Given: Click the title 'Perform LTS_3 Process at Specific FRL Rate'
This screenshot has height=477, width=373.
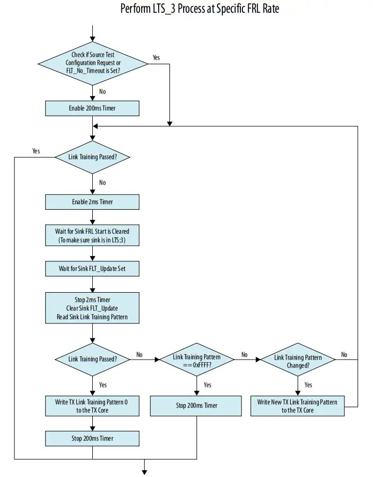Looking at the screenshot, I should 199,9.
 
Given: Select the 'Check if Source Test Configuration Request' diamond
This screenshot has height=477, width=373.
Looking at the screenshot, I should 93,63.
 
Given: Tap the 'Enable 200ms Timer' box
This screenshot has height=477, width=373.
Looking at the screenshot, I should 92,108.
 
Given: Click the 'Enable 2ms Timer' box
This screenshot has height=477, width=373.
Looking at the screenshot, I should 92,202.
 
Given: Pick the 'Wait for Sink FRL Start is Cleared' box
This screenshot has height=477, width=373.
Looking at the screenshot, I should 92,236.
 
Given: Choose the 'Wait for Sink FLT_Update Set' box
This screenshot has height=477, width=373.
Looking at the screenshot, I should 92,269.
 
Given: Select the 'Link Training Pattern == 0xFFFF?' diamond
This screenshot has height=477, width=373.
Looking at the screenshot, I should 197,359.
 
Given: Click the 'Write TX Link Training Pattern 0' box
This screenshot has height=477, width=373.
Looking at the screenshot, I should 92,406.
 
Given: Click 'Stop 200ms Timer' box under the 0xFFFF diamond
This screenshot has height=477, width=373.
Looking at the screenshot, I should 197,405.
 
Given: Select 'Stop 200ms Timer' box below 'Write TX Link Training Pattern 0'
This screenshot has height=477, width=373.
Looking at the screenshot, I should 92,438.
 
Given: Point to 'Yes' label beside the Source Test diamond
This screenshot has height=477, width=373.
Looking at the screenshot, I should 157,57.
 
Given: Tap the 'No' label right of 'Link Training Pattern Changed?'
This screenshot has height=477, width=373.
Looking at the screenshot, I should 344,355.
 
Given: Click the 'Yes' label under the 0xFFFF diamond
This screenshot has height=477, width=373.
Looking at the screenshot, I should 207,385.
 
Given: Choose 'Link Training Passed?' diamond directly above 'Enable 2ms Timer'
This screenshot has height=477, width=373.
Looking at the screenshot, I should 93,157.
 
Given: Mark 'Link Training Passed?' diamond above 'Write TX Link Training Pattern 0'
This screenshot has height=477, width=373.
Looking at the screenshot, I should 93,359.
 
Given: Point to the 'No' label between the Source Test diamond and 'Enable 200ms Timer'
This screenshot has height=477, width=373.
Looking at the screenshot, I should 102,91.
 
